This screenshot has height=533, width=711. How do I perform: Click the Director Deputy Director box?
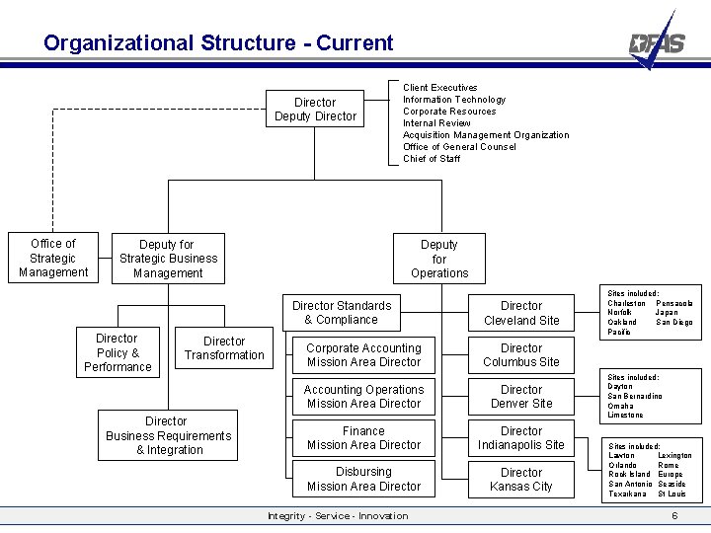(315, 110)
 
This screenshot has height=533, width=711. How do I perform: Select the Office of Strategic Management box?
(53, 258)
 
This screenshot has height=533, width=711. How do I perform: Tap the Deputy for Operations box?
(439, 259)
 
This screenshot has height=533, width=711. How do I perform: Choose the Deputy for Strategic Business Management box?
(168, 259)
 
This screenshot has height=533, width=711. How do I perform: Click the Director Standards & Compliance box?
(341, 313)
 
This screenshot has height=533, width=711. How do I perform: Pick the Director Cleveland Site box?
(521, 313)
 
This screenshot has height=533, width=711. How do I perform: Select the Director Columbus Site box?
(521, 355)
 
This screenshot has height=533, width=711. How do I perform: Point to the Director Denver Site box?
(521, 397)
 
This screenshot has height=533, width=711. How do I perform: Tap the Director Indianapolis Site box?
(521, 438)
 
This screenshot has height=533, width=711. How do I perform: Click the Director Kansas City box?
(521, 480)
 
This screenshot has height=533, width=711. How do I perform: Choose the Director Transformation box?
(224, 348)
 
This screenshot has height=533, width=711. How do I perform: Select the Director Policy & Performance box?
(118, 352)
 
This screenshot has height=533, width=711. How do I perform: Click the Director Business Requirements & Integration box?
(168, 435)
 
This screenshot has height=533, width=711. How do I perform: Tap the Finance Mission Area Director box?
(363, 438)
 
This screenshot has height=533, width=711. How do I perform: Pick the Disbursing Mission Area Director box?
(363, 480)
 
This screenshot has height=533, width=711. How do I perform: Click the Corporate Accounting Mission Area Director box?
(363, 355)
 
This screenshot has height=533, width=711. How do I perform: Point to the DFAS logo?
(657, 41)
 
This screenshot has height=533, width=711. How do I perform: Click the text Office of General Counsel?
(459, 147)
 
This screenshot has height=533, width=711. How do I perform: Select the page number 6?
(674, 516)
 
